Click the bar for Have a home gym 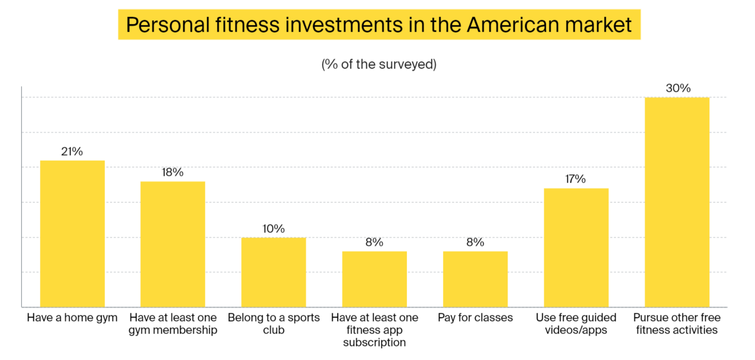point(73,233)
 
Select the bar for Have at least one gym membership point(173,244)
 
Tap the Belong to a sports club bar point(273,272)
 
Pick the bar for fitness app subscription point(374,279)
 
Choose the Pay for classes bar point(475,279)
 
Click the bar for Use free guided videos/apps point(576,247)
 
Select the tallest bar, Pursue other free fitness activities point(677,202)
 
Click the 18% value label point(172,172)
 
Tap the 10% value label point(273,228)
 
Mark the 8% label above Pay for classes point(475,242)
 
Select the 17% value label point(575,179)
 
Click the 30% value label point(678,88)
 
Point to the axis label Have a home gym point(72,317)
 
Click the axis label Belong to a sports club point(273,324)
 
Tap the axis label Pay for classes point(475,317)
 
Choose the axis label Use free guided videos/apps point(576,324)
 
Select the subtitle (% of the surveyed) point(379,65)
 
